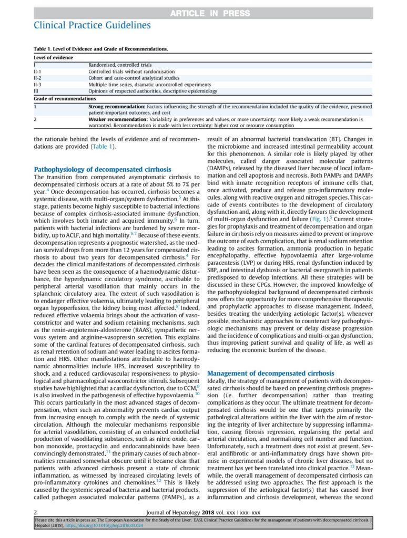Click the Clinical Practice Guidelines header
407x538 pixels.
point(92,25)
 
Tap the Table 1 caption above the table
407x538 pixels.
point(101,49)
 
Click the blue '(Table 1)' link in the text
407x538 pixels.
point(102,147)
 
